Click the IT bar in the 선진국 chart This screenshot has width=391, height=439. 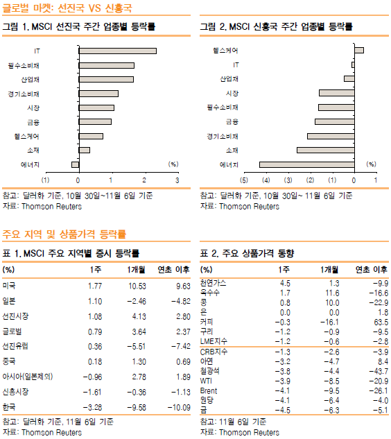(118, 51)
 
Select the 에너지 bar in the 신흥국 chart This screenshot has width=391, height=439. (306, 164)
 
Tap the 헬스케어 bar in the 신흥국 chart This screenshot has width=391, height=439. (359, 51)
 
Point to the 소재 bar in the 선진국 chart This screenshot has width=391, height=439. (85, 150)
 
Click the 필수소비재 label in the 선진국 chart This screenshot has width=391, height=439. (24, 65)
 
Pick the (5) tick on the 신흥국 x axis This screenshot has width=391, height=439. (244, 180)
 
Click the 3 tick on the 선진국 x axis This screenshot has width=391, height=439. (177, 180)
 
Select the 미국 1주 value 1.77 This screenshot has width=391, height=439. (95, 286)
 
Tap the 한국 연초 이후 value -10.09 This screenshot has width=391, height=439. (179, 407)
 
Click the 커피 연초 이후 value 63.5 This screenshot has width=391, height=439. (381, 322)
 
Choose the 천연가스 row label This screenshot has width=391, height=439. (213, 283)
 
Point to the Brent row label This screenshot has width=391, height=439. (209, 391)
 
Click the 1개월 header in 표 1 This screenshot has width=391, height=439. (136, 270)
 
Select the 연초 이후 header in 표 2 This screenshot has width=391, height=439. (372, 270)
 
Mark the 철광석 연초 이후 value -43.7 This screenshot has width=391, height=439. (379, 371)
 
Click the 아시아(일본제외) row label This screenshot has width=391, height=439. (28, 377)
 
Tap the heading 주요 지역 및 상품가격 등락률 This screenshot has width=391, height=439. (64, 234)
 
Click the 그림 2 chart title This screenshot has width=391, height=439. (276, 26)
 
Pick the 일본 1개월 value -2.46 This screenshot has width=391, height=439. (137, 302)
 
